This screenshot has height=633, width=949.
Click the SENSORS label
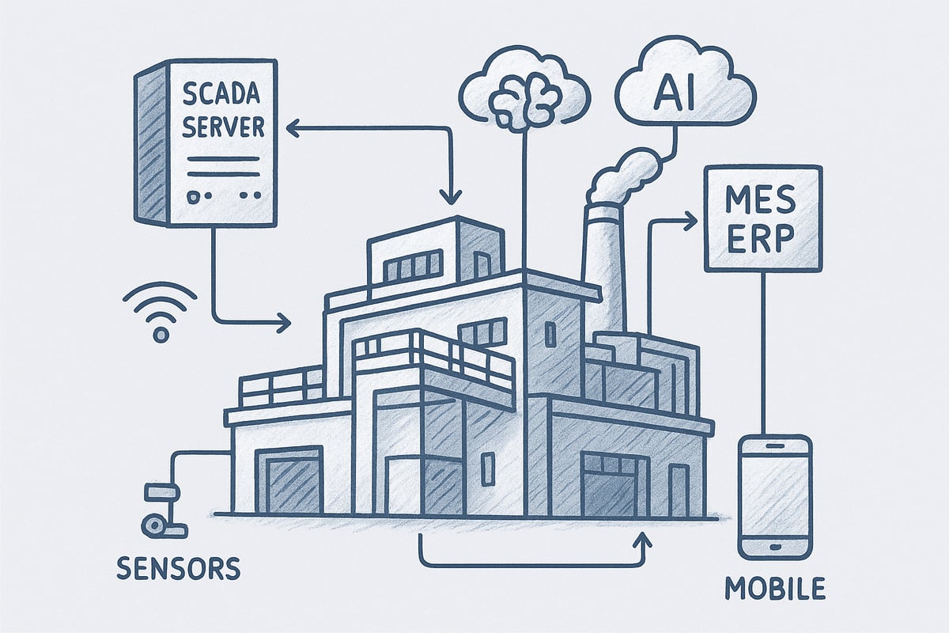click(x=179, y=567)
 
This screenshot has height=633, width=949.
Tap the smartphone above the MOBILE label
click(x=774, y=496)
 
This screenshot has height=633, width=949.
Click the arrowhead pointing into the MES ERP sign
click(x=690, y=224)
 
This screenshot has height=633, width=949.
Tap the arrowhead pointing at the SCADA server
click(x=291, y=127)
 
